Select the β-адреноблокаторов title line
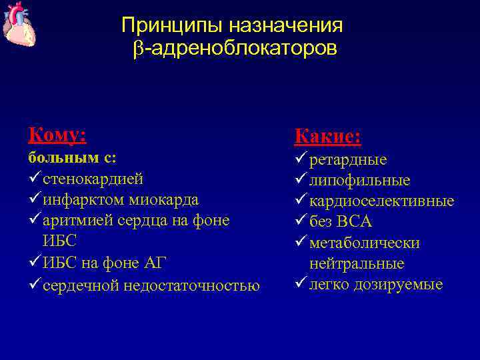[x=235, y=49]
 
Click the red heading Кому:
[x=57, y=135]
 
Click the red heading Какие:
[x=327, y=137]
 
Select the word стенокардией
[x=93, y=179]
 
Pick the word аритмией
[x=74, y=220]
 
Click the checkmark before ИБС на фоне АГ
[x=34, y=263]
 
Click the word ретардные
[x=348, y=160]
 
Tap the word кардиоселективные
[x=381, y=201]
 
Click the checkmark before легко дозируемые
[x=300, y=283]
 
